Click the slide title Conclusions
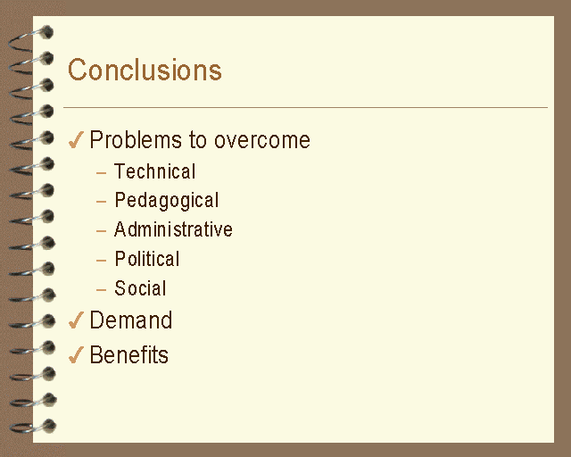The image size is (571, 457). (x=145, y=70)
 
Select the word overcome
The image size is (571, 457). (x=262, y=140)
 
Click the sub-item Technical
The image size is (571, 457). (x=154, y=171)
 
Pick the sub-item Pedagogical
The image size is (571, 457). (x=167, y=201)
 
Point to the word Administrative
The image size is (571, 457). (x=173, y=229)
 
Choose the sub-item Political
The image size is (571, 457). (x=147, y=259)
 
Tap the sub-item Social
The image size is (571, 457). (x=140, y=288)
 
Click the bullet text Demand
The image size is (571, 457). (x=131, y=320)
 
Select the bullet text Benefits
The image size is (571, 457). (x=129, y=354)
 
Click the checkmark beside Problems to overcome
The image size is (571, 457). (x=76, y=140)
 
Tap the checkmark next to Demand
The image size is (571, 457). (x=76, y=320)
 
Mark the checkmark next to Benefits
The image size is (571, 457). (x=76, y=355)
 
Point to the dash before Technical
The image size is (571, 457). (x=101, y=172)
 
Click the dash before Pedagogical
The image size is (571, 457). (x=101, y=201)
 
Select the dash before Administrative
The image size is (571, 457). (x=101, y=230)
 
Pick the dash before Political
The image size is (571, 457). (x=101, y=261)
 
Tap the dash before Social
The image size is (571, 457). (x=101, y=290)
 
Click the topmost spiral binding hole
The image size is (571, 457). (x=47, y=32)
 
